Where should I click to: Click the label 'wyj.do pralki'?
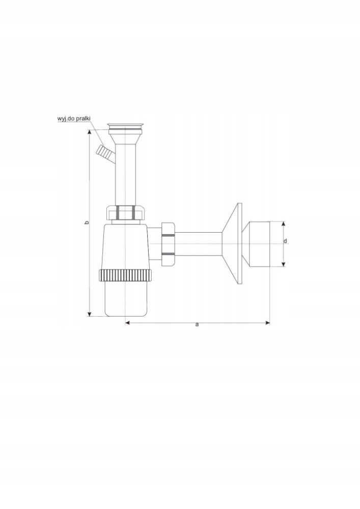73,119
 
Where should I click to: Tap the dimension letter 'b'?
86,222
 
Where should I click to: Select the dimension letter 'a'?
197,324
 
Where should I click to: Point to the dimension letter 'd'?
285,241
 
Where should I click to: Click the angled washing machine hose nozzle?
104,153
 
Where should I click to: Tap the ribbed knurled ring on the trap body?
125,275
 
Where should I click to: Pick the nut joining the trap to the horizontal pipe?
168,243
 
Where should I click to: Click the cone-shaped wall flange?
232,244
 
